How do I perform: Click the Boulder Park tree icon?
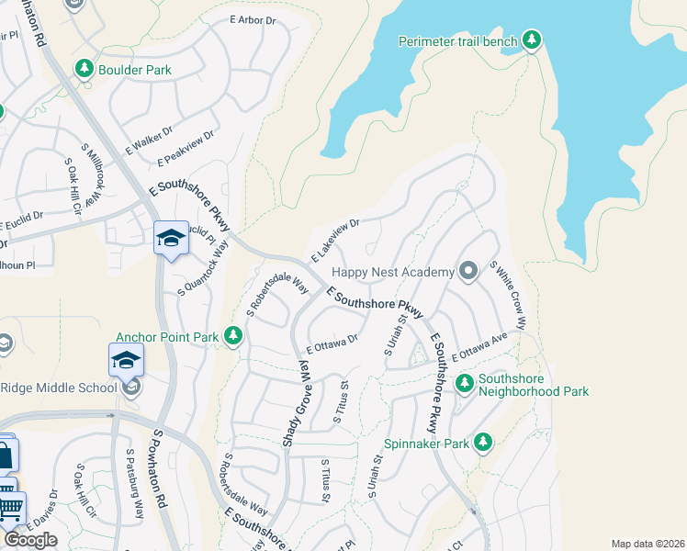point(84,69)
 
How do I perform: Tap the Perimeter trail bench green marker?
point(531,40)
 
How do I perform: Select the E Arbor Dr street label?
point(253,20)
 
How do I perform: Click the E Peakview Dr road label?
point(186,148)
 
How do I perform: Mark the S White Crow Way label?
point(508,295)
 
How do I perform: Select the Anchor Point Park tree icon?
point(233,337)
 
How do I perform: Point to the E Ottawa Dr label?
point(332,344)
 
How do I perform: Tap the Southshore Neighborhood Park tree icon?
point(465,381)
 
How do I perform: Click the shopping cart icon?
point(8,505)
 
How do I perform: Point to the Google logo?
point(30,540)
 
